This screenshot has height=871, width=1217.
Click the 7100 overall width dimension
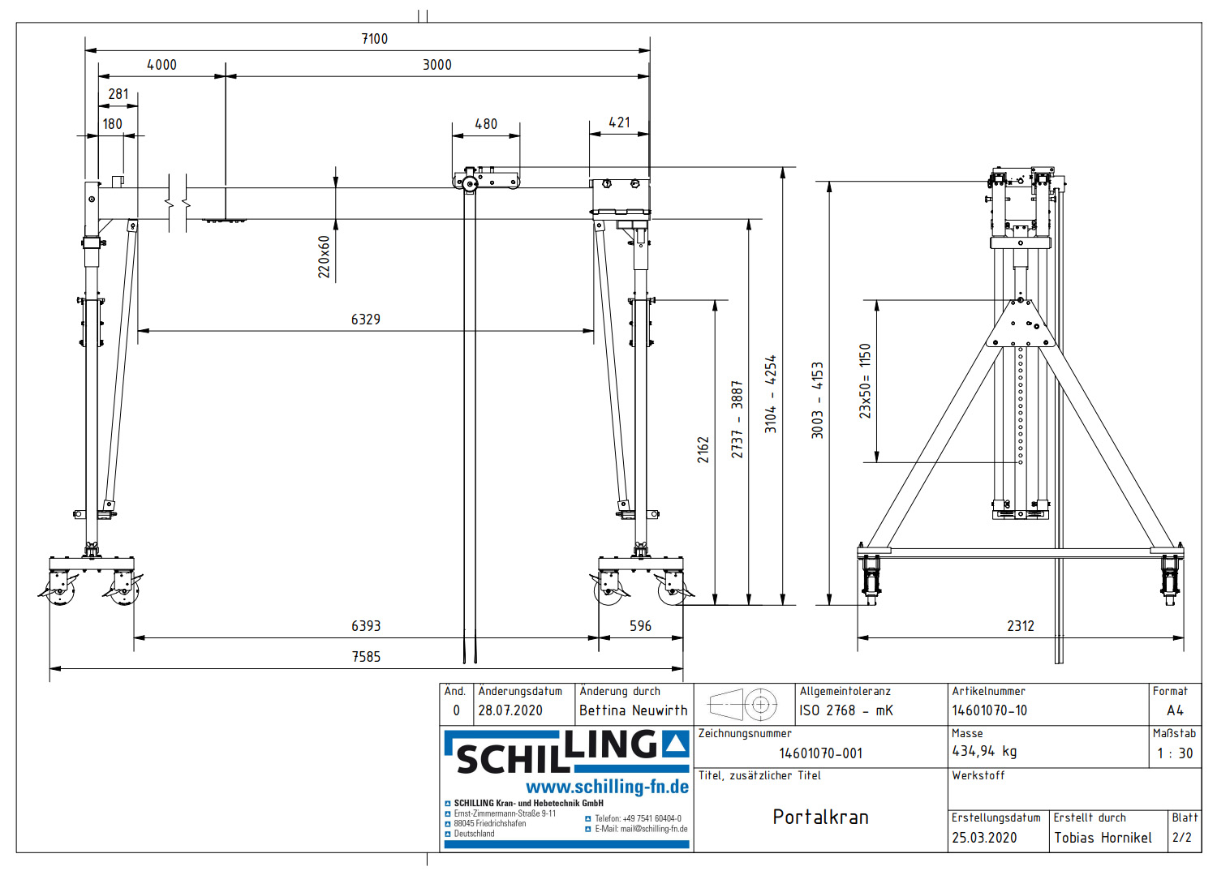tap(374, 39)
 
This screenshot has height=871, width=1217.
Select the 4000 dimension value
tap(161, 65)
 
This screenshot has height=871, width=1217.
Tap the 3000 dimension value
tap(436, 65)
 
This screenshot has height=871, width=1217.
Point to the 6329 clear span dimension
tap(365, 320)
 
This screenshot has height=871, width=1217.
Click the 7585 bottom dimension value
tap(366, 657)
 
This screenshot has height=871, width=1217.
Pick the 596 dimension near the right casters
tap(640, 626)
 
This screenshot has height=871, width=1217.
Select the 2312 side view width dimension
tap(1021, 626)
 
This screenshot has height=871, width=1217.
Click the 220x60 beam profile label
tap(325, 257)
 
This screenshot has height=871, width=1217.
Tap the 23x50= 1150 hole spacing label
tap(865, 381)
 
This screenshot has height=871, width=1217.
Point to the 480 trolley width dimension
tap(486, 124)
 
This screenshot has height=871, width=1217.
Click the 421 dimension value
tap(620, 122)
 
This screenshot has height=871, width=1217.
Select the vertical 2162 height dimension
tap(703, 450)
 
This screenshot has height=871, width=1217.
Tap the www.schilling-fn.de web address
tap(607, 787)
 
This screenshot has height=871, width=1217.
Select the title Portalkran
tap(820, 817)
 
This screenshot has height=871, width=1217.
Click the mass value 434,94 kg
tap(984, 751)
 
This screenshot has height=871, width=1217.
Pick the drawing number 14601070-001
tap(820, 753)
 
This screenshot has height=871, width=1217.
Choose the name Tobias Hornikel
tap(1103, 838)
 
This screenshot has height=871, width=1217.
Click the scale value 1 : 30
tap(1174, 753)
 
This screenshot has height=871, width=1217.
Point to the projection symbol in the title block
tap(743, 705)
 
